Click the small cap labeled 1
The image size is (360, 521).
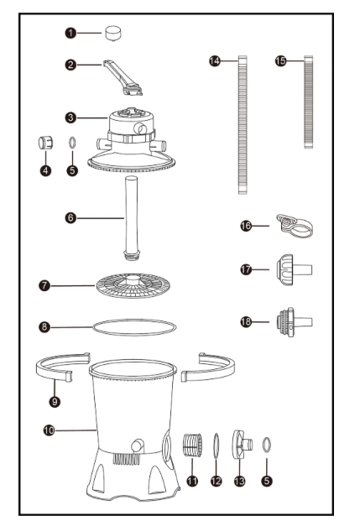coord(113,34)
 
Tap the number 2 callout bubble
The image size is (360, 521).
coord(70,65)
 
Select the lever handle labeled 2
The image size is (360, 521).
coord(123,78)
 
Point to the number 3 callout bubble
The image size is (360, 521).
coord(70,117)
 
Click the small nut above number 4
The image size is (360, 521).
coord(45,143)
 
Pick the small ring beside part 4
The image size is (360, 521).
coord(72,143)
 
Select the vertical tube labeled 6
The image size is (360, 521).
coord(131,218)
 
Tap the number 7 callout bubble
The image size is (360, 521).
coord(44,285)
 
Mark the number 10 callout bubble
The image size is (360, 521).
coord(49,430)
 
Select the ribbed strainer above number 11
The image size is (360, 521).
coord(192,445)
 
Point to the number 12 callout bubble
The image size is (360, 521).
coord(217,481)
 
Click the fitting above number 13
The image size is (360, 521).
coord(242,445)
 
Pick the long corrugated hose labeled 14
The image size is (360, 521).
coord(243,125)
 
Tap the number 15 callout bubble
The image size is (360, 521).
coord(280,60)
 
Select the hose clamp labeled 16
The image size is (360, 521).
coord(295,226)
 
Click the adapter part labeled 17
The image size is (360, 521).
coord(294,270)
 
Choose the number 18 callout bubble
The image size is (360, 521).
coord(246,321)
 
